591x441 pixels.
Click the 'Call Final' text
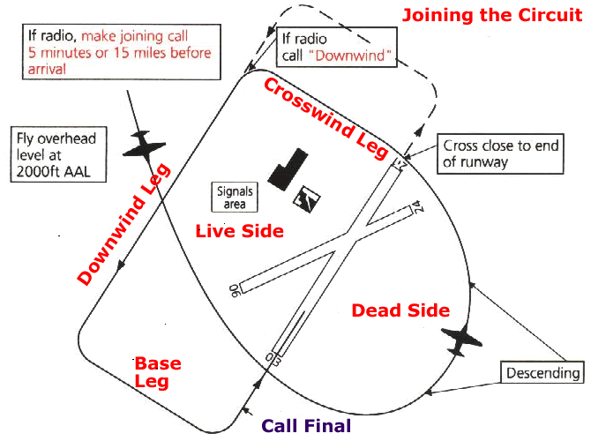[x=307, y=426]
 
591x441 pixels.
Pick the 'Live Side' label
[x=239, y=231]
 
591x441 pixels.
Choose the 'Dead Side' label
[x=400, y=310]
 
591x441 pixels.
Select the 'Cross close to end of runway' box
[x=500, y=153]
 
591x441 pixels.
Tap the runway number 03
[x=273, y=357]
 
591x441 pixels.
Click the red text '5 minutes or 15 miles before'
[x=123, y=53]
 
